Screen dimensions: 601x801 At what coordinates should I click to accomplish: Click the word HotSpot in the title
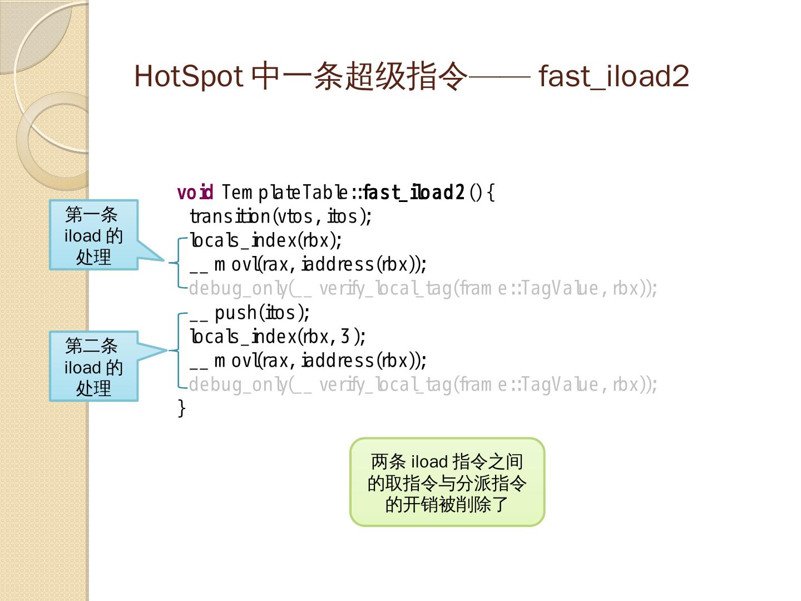pos(188,76)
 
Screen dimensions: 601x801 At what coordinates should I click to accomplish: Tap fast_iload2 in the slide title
pos(614,76)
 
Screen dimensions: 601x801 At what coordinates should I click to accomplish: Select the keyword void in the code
pos(195,193)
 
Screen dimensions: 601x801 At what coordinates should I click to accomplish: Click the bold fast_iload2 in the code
pos(414,193)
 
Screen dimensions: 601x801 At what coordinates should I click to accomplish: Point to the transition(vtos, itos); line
pos(280,216)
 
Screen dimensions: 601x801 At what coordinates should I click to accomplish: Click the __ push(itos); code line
pos(249,313)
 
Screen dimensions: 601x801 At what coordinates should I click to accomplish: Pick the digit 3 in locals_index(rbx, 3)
pos(345,337)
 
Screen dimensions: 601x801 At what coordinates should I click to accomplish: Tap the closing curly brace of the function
pos(181,408)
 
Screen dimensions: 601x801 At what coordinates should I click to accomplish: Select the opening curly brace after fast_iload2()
pos(491,193)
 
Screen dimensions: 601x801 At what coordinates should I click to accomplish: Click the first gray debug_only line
pos(423,289)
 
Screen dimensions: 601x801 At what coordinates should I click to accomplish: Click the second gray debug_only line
pos(423,385)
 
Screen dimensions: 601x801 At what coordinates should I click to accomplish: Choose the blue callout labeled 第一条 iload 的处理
pos(93,235)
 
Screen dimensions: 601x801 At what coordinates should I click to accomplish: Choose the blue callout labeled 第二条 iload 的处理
pos(93,367)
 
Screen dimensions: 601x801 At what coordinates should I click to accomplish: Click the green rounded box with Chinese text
pos(447,482)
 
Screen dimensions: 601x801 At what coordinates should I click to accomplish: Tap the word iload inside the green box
pos(429,462)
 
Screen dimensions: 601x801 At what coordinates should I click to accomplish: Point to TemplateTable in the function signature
pos(285,193)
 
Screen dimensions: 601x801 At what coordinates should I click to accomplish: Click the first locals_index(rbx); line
pos(266,240)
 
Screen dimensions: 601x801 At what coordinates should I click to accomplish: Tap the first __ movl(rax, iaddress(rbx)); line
pos(308,264)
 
